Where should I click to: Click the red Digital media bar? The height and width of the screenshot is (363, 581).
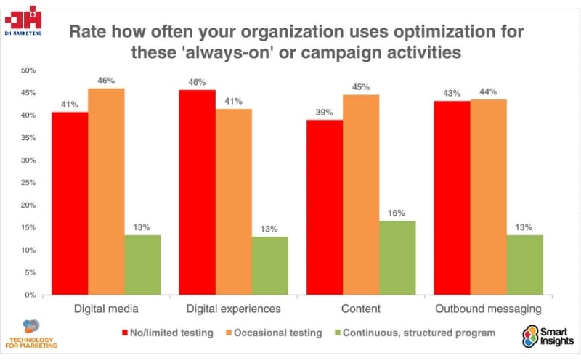tap(70, 203)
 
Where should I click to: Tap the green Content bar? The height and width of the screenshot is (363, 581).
tap(397, 258)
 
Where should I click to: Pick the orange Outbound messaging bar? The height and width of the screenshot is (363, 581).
tap(488, 197)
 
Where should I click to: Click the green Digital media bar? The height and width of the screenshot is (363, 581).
tap(142, 265)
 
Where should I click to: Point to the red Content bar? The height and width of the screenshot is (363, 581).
tap(325, 207)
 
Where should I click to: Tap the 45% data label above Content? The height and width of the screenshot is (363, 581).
tap(361, 86)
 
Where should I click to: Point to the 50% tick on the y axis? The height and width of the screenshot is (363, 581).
tap(28, 70)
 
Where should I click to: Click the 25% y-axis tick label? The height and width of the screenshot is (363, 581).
tap(28, 183)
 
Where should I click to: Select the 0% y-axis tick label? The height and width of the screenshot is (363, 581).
tap(30, 295)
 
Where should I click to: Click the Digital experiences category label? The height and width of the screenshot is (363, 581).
tap(234, 309)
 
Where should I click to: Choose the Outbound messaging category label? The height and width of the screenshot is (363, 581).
tap(488, 309)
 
